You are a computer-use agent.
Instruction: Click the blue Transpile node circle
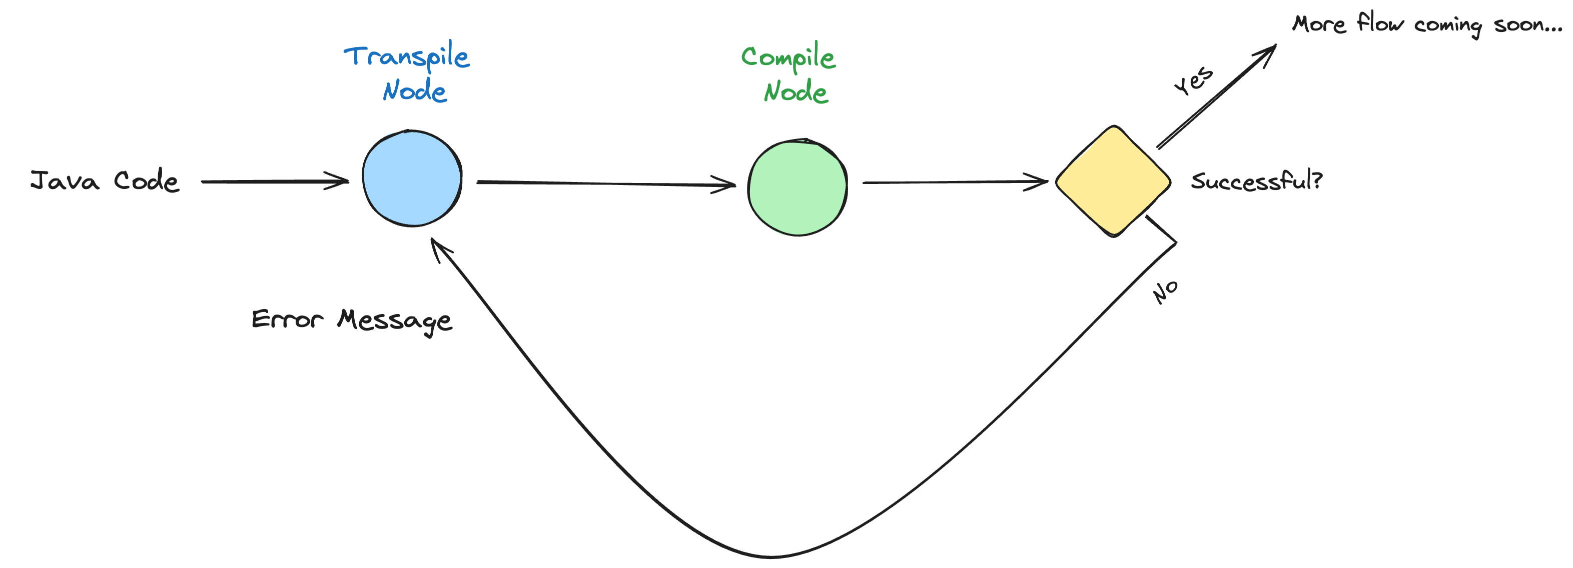coord(412,178)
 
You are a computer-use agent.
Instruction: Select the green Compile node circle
coord(798,187)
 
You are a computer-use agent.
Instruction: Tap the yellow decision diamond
coord(1113,181)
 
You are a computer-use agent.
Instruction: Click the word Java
coord(65,181)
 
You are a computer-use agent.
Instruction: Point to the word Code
coord(147,180)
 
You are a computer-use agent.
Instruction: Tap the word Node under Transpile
coord(415,90)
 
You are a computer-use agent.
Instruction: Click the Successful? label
coord(1257,180)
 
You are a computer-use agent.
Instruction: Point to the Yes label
coord(1193,80)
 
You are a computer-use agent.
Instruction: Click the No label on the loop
coord(1165,292)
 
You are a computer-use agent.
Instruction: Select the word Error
coord(287,319)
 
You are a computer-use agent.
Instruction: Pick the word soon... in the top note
coord(1528,25)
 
